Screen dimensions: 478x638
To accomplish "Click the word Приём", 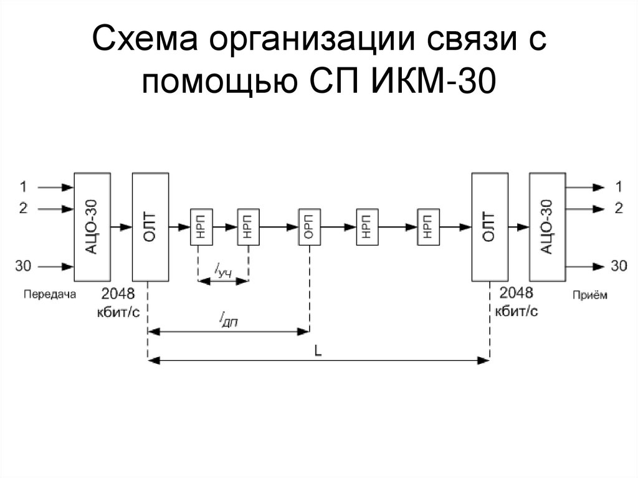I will [589, 295].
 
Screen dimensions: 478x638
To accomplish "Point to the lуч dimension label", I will [223, 270].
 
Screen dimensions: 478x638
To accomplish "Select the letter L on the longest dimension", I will [318, 351].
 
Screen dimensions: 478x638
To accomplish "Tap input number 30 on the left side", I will [23, 266].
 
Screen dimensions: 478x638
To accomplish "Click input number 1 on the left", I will [23, 186].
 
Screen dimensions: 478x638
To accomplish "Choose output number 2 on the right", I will [618, 208].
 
